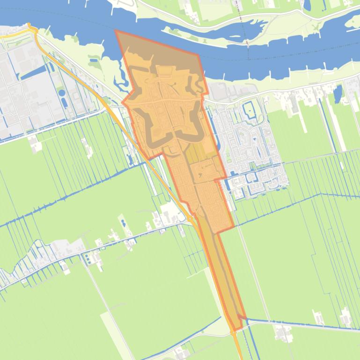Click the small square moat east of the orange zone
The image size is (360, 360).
click(x=250, y=110)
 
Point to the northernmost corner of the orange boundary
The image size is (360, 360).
click(x=116, y=31)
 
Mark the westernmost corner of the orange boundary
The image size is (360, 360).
click(x=123, y=102)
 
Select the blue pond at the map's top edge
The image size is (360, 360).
click(x=308, y=5)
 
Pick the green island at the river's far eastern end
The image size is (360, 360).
click(x=352, y=21)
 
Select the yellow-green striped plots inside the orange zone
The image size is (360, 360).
click(x=197, y=151)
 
